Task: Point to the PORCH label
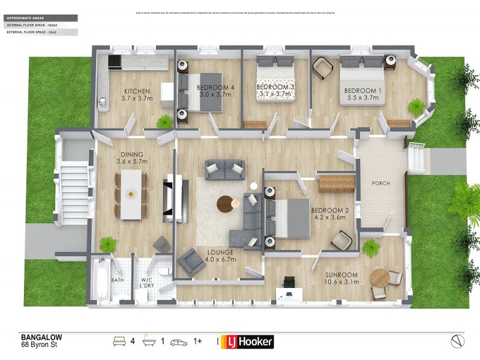click(381, 184)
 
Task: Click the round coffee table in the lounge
click(227, 203)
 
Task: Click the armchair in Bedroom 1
click(322, 67)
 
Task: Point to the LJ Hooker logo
click(248, 342)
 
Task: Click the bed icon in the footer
click(119, 341)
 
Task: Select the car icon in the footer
click(179, 341)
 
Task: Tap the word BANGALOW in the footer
click(41, 338)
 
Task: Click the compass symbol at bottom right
click(458, 341)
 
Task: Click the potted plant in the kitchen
click(163, 122)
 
